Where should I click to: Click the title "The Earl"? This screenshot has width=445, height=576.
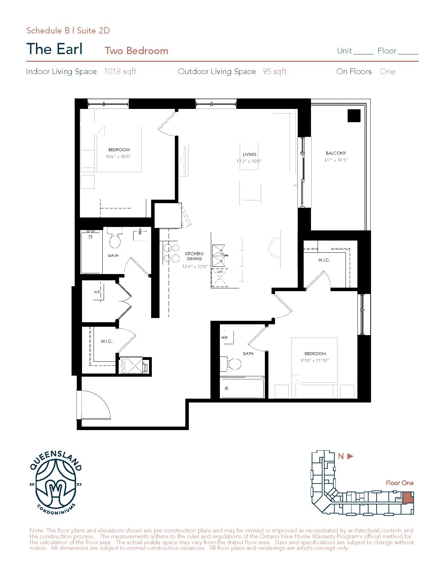click(x=54, y=49)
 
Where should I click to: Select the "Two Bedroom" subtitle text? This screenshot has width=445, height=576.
click(x=136, y=51)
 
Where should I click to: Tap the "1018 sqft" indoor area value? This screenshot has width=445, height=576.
click(x=120, y=71)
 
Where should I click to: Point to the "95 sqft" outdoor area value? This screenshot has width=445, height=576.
click(x=275, y=71)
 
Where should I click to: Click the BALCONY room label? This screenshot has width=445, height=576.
click(x=336, y=153)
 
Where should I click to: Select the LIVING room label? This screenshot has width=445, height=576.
click(x=250, y=154)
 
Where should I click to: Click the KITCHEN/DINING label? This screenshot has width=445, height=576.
click(x=194, y=256)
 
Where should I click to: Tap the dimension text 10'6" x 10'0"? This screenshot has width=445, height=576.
click(x=118, y=157)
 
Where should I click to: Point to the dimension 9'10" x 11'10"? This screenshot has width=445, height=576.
click(x=315, y=361)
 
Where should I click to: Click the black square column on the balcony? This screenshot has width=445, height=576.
click(x=354, y=116)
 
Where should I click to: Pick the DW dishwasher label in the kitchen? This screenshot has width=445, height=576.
click(x=220, y=272)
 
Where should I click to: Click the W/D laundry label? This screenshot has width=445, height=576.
click(x=97, y=292)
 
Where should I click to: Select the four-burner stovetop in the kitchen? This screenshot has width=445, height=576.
click(x=171, y=253)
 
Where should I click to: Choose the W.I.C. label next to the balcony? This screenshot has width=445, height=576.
click(x=324, y=260)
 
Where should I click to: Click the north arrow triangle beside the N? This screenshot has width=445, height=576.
click(x=350, y=456)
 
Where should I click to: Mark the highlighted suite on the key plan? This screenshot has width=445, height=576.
click(x=408, y=498)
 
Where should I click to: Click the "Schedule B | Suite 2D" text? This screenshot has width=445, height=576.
click(x=68, y=31)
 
